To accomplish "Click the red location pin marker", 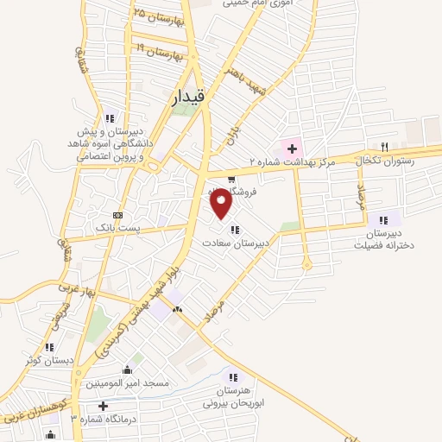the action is [221, 202].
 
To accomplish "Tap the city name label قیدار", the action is [184, 101].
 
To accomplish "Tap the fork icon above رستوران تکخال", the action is [385, 147].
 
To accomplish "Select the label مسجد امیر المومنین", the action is [127, 382].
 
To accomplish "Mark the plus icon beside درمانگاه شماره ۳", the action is [104, 405].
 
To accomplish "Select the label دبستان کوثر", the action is [49, 359].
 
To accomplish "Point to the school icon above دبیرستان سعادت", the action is [234, 230].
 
